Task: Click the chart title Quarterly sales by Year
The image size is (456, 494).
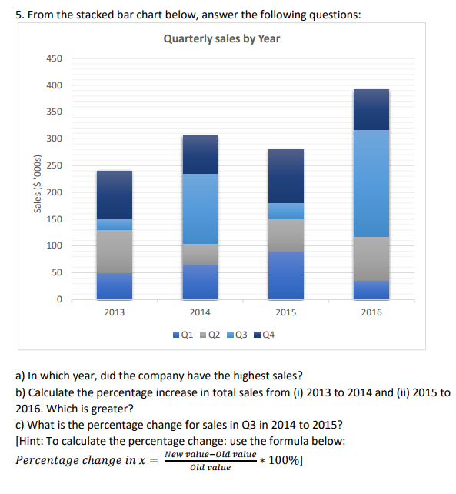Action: click(x=221, y=38)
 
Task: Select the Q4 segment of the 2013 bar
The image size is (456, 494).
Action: click(x=115, y=195)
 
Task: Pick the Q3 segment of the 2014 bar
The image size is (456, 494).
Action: click(x=200, y=209)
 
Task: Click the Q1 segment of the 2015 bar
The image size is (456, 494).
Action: click(x=285, y=275)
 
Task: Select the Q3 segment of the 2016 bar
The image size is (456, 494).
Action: click(x=371, y=183)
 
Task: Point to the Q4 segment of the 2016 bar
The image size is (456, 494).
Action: click(x=371, y=109)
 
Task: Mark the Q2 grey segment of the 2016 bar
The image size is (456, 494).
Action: click(x=371, y=259)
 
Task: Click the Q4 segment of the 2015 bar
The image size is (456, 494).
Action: click(x=285, y=175)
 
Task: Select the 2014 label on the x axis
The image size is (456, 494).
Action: click(x=200, y=312)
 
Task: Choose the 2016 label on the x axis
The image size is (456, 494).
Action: click(x=371, y=312)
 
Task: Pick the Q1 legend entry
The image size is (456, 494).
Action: click(x=182, y=335)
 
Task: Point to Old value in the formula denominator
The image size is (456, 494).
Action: click(x=209, y=468)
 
